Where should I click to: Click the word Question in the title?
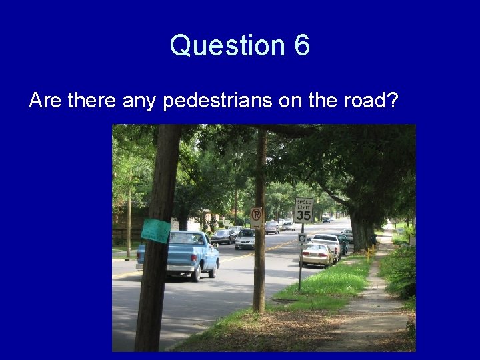(x=227, y=45)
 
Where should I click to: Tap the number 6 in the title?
(x=301, y=45)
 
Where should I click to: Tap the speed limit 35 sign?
(x=304, y=210)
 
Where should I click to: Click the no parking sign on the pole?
(x=257, y=215)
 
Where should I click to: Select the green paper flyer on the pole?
(x=156, y=230)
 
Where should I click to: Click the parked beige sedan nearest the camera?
(x=315, y=254)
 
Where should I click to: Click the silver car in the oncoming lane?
(x=245, y=239)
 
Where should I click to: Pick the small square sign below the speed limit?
(x=302, y=238)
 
